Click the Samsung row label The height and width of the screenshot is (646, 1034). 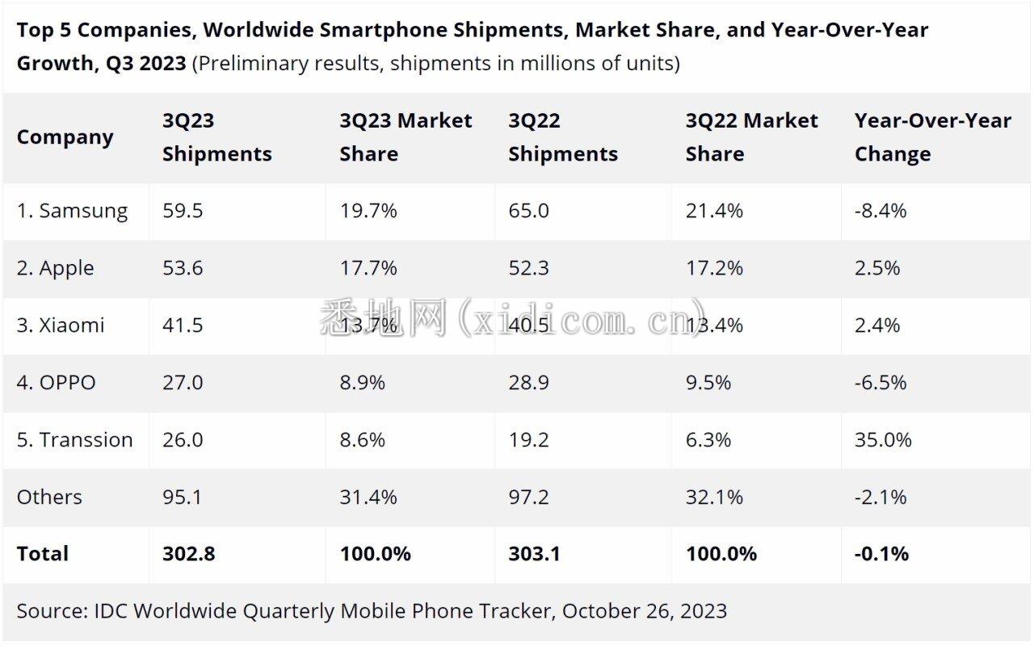(72, 212)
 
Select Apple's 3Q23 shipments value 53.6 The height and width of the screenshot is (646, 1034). (183, 268)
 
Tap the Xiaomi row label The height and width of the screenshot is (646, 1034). (61, 325)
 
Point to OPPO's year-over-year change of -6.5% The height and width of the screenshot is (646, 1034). (881, 383)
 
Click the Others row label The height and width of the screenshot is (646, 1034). (49, 497)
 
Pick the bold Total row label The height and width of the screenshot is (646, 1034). (43, 554)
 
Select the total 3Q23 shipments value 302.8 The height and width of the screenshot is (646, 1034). (188, 554)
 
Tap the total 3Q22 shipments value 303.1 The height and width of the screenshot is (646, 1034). (535, 554)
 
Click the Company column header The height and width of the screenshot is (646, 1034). (65, 137)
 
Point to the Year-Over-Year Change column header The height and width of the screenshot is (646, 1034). (932, 137)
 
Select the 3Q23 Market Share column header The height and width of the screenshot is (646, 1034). (406, 137)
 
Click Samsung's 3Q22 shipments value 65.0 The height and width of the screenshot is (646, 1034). (528, 212)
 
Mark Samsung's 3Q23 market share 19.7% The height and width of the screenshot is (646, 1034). (368, 212)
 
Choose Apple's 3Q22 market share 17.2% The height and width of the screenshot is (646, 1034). (714, 268)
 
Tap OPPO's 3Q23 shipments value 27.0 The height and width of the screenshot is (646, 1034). (183, 383)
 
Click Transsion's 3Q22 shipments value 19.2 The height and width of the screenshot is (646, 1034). (528, 440)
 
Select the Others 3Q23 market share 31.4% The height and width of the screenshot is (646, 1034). (368, 497)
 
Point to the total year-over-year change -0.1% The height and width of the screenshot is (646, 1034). (881, 554)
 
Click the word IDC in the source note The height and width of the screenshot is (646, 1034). (110, 611)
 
